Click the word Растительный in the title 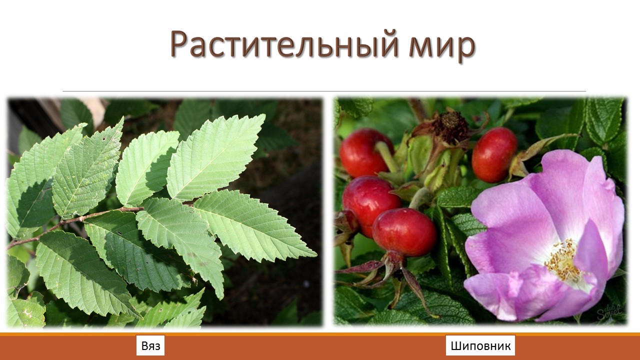(284, 45)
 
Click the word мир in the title (442, 47)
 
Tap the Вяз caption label (150, 346)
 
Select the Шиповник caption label (480, 346)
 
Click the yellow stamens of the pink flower (562, 260)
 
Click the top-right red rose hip (494, 155)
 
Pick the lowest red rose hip (404, 232)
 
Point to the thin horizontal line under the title (324, 91)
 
